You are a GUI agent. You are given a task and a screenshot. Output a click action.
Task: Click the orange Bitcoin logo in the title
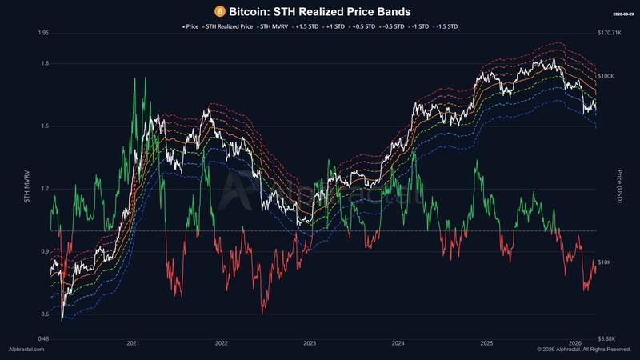coord(221,11)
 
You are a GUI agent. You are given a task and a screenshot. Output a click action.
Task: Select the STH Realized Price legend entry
coord(230,26)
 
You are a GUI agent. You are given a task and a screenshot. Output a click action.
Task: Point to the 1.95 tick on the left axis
coord(44,33)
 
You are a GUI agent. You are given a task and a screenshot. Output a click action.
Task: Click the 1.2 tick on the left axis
coord(44,189)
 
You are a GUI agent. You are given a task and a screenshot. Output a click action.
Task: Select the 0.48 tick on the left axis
coord(43,338)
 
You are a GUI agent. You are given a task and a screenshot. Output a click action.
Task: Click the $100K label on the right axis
coord(606,76)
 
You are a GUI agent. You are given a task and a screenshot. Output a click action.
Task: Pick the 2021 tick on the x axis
coord(134,343)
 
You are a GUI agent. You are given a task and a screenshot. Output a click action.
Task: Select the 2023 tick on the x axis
coord(310,343)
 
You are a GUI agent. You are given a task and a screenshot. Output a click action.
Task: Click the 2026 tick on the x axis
coord(574,343)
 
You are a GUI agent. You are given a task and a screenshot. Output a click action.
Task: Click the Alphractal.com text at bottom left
coord(26,350)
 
